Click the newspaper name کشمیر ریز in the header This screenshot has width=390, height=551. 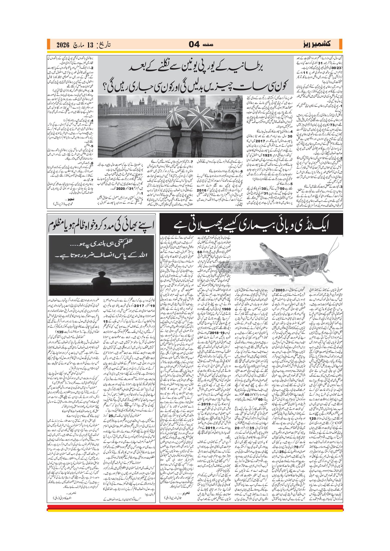coord(316,44)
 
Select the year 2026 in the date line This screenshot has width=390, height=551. coord(63,45)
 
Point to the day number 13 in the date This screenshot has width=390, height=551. coord(90,45)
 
